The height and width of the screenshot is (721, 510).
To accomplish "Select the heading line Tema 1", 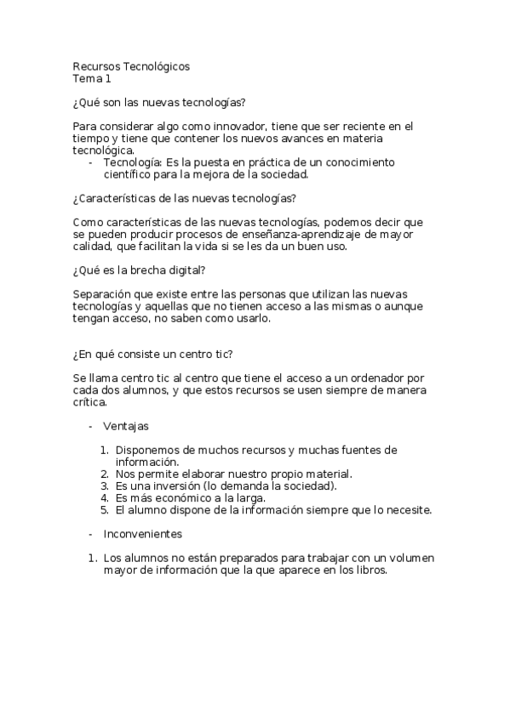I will [x=92, y=79].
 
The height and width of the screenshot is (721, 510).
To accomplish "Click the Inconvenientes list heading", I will [x=142, y=534].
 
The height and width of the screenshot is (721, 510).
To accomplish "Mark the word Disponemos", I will [x=149, y=450].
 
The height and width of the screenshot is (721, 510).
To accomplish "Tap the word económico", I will [x=184, y=497].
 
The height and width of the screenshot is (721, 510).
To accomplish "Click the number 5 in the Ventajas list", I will [x=103, y=510].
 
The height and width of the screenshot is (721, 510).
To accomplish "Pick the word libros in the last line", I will [x=370, y=571].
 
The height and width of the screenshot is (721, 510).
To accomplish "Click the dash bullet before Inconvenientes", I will [x=91, y=534].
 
